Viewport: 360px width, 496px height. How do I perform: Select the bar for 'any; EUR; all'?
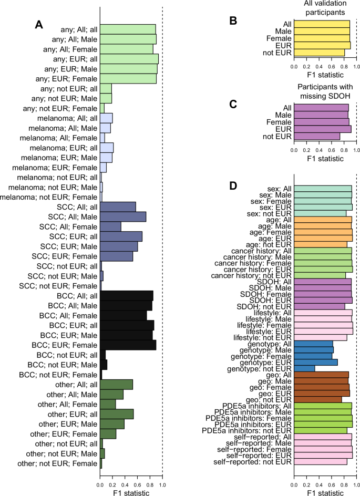(129, 59)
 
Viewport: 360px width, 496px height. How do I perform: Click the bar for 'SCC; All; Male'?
(123, 216)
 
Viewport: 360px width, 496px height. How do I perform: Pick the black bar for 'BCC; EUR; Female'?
(128, 345)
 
